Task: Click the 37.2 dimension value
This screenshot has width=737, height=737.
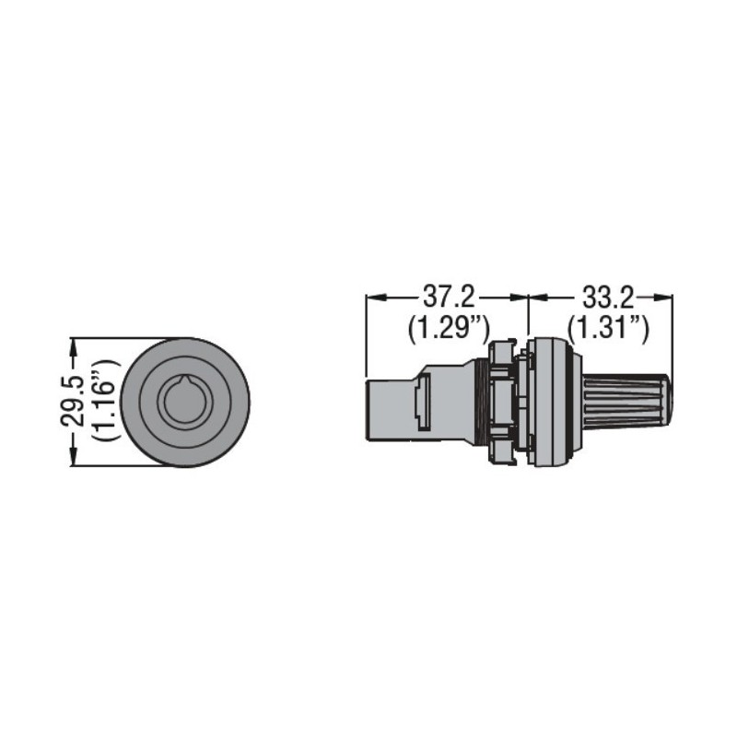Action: tap(448, 298)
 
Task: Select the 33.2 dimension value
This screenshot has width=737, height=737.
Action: tap(608, 298)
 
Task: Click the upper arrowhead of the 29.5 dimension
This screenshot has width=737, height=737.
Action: tap(73, 344)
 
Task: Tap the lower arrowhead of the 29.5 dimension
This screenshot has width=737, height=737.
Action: tap(73, 460)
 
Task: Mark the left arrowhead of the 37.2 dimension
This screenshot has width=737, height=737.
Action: tap(372, 297)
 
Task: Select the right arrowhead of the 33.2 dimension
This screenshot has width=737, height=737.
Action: tap(666, 297)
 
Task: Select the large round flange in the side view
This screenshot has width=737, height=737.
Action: tap(554, 402)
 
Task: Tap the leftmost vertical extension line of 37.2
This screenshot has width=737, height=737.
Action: tap(367, 336)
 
